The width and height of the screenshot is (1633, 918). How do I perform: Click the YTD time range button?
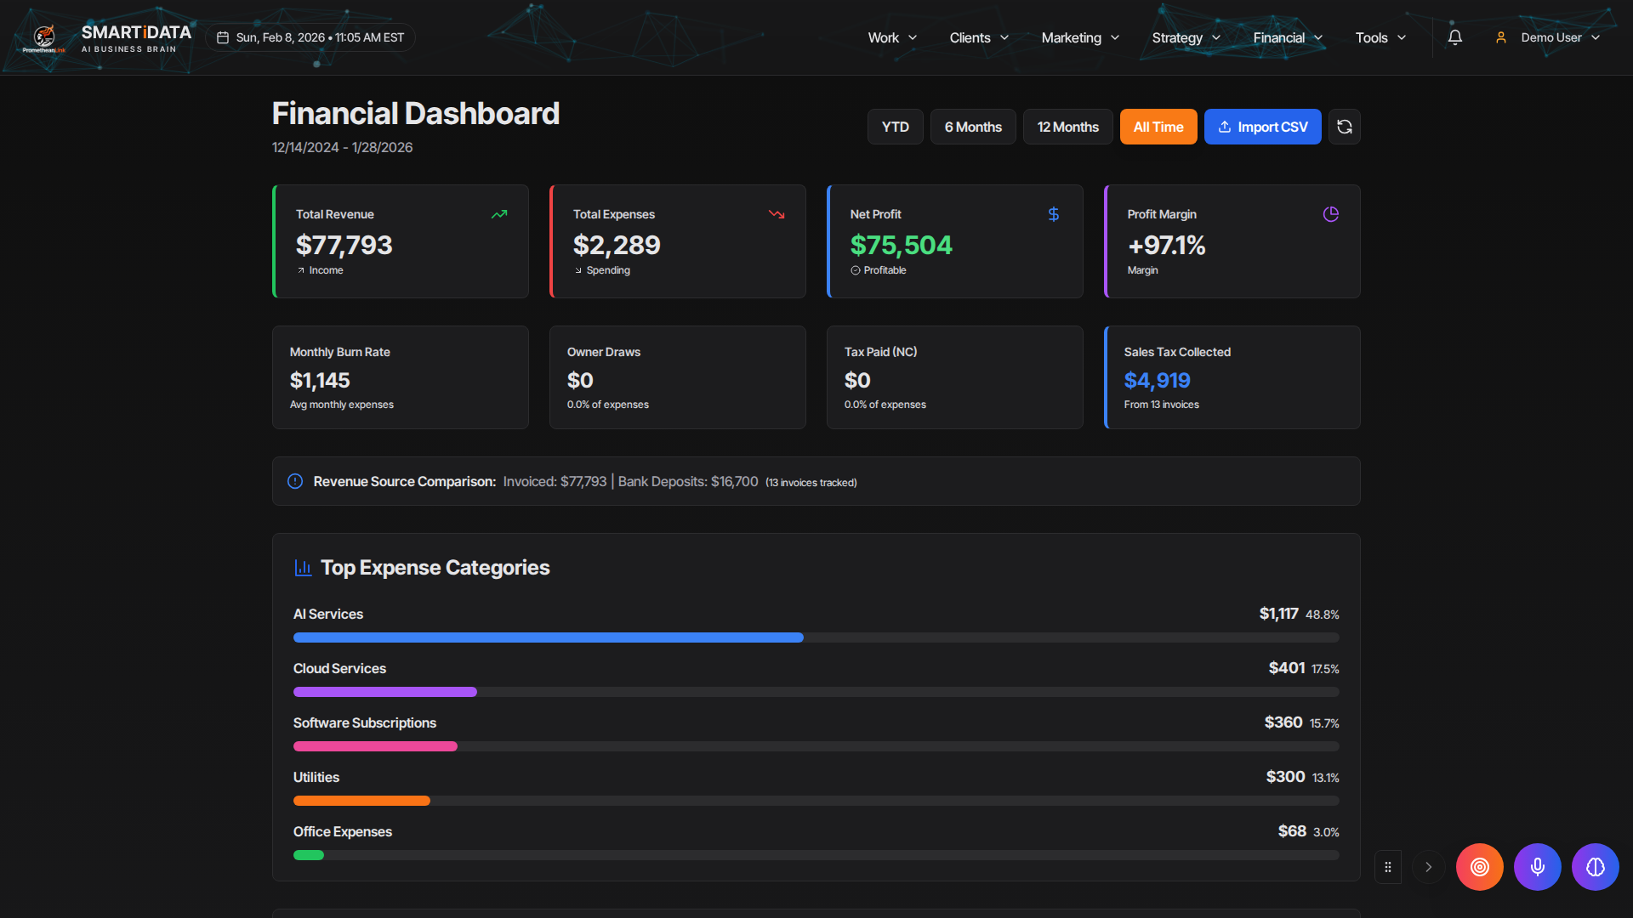click(895, 127)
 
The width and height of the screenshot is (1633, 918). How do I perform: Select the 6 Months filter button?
click(973, 127)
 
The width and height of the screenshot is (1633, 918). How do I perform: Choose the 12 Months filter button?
click(1067, 127)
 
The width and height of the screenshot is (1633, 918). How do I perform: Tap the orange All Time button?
click(1158, 127)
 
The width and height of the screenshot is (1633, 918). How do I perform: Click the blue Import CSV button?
click(1262, 127)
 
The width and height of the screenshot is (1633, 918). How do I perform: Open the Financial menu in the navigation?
click(1287, 37)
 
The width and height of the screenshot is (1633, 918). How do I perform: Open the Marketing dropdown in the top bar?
click(1079, 37)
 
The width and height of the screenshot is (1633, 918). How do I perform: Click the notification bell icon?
click(1454, 37)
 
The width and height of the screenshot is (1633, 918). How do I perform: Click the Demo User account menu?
click(1549, 37)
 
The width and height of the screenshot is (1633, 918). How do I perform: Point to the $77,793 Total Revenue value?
click(344, 246)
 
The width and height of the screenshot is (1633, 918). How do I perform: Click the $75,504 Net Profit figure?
click(901, 246)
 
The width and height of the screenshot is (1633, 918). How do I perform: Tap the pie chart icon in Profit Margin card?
click(1330, 214)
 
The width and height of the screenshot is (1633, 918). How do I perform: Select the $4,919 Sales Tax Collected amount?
click(1157, 380)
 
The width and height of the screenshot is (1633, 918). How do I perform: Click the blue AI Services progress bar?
click(548, 637)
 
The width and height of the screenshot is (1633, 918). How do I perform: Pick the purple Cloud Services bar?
click(384, 692)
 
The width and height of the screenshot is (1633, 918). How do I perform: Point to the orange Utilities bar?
click(361, 801)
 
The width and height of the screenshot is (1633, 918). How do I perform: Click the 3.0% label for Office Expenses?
click(1326, 832)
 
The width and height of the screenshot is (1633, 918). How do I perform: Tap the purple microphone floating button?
click(1537, 867)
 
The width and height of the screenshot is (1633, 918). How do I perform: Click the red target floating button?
click(1479, 867)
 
